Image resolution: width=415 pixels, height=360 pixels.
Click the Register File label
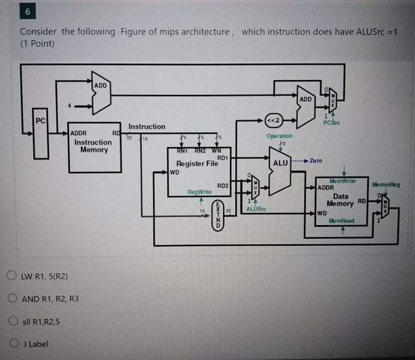pyautogui.click(x=197, y=164)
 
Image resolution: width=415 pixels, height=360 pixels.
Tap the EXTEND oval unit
pyautogui.click(x=216, y=215)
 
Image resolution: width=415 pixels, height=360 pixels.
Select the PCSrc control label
pyautogui.click(x=332, y=123)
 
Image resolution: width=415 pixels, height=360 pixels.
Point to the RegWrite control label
pyautogui.click(x=200, y=191)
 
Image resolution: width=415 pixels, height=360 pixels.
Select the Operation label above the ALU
pyautogui.click(x=280, y=136)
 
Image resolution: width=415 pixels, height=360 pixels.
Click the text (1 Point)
pyautogui.click(x=37, y=43)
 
